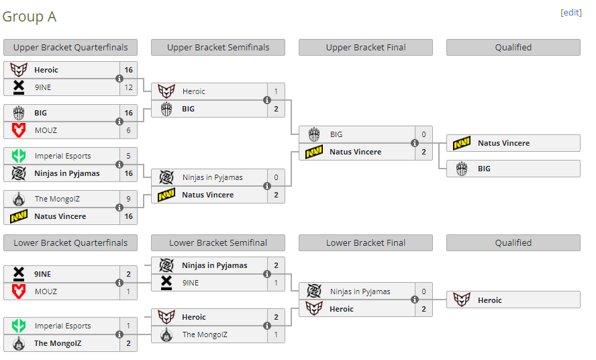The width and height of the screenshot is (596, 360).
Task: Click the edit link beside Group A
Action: (x=571, y=13)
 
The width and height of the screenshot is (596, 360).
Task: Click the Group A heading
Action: (x=30, y=17)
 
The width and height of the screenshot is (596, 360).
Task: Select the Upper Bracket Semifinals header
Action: (x=218, y=47)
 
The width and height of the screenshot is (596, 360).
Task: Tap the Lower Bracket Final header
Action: (x=366, y=242)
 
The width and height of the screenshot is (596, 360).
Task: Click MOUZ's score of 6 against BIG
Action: (x=128, y=130)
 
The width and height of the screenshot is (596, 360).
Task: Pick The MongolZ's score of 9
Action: (x=128, y=199)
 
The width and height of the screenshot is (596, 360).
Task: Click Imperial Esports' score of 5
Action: (x=128, y=156)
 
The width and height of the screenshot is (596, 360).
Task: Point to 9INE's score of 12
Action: (x=128, y=87)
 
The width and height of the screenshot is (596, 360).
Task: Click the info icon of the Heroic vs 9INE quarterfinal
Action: (x=119, y=79)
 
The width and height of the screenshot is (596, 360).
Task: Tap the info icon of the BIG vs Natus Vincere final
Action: (x=415, y=143)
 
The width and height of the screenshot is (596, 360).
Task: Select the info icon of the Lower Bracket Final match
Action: (x=415, y=300)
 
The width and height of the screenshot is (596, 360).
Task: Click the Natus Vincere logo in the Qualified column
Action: (x=462, y=143)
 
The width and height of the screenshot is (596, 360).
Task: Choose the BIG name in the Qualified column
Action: (x=485, y=169)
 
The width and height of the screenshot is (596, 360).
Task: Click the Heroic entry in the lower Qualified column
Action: (x=513, y=300)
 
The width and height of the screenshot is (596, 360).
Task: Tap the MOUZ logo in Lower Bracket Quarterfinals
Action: (x=19, y=291)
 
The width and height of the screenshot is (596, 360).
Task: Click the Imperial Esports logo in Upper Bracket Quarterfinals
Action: (x=19, y=156)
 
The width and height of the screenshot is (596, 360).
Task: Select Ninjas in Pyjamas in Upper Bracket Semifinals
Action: (x=213, y=177)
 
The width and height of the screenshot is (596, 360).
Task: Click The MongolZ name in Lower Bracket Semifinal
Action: (x=205, y=334)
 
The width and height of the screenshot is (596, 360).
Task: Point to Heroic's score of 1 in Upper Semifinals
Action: (x=276, y=91)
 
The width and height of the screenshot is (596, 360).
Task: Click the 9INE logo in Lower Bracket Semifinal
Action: (x=166, y=283)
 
